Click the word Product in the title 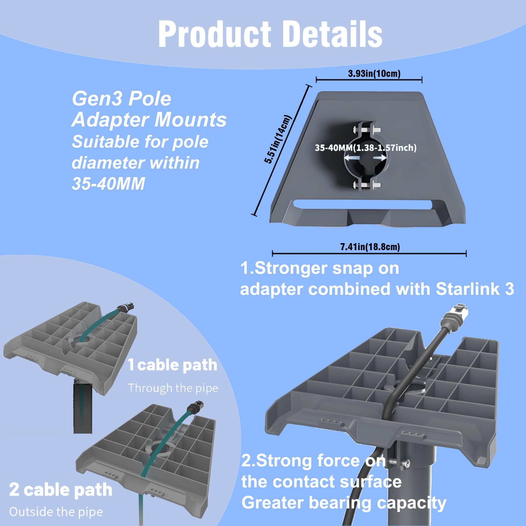(x=215, y=34)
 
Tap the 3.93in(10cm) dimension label (x=374, y=73)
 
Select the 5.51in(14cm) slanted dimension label (x=278, y=139)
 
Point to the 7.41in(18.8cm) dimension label (x=370, y=247)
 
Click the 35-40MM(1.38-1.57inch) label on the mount (x=366, y=148)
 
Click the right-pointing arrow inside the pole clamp (x=380, y=158)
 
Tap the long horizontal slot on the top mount (x=362, y=204)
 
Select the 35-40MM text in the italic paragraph (x=108, y=184)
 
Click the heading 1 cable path (x=173, y=365)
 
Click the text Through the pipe (x=173, y=388)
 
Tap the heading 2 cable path (x=61, y=490)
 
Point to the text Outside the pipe (x=56, y=512)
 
